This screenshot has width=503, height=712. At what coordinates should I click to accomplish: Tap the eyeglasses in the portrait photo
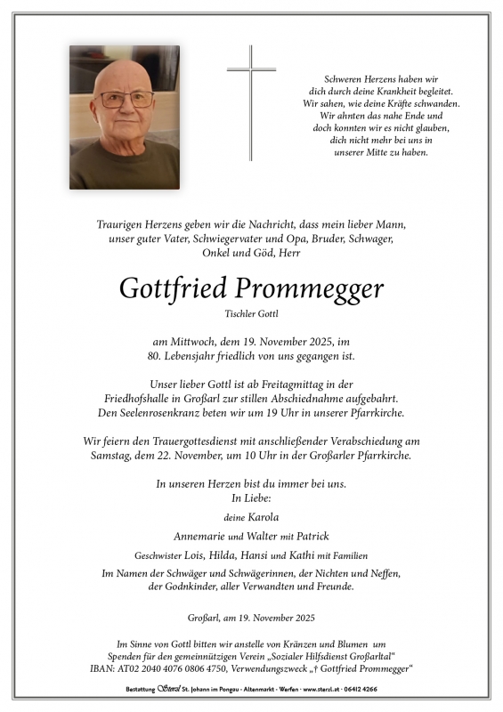coord(125,100)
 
